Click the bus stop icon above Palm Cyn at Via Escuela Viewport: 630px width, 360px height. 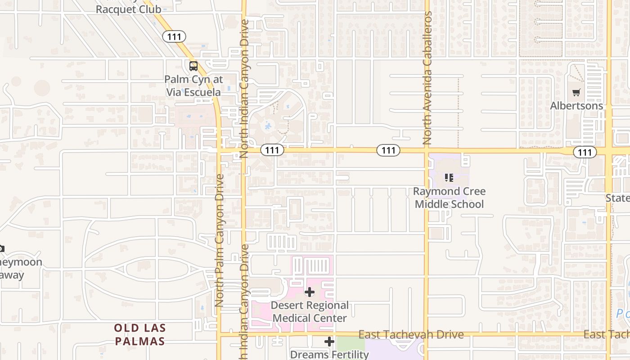pyautogui.click(x=193, y=66)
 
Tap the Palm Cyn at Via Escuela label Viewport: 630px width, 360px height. pyautogui.click(x=193, y=86)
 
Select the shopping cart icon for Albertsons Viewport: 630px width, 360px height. pyautogui.click(x=576, y=93)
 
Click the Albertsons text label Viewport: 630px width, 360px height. pyautogui.click(x=576, y=106)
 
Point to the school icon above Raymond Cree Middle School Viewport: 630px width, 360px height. pyautogui.click(x=449, y=178)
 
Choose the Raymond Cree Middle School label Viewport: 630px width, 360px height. pyautogui.click(x=449, y=198)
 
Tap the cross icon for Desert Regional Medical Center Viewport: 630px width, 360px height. pyautogui.click(x=309, y=292)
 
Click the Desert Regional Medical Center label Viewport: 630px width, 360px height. pyautogui.click(x=310, y=312)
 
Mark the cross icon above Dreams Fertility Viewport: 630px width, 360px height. pyautogui.click(x=329, y=342)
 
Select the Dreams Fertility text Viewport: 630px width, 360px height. pyautogui.click(x=329, y=354)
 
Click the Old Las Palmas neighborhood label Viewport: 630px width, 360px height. pyautogui.click(x=139, y=335)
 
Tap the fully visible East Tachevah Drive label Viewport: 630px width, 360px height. pyautogui.click(x=411, y=334)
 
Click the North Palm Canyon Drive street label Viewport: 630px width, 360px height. pyautogui.click(x=220, y=240)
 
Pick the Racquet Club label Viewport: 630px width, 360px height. pyautogui.click(x=128, y=9)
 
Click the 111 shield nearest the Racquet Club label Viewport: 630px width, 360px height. pyautogui.click(x=174, y=36)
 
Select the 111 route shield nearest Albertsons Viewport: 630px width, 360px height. pyautogui.click(x=585, y=152)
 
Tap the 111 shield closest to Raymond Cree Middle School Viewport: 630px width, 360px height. pyautogui.click(x=388, y=150)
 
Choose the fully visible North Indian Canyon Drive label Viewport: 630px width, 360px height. pyautogui.click(x=244, y=88)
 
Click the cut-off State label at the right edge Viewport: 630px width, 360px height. pyautogui.click(x=617, y=198)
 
